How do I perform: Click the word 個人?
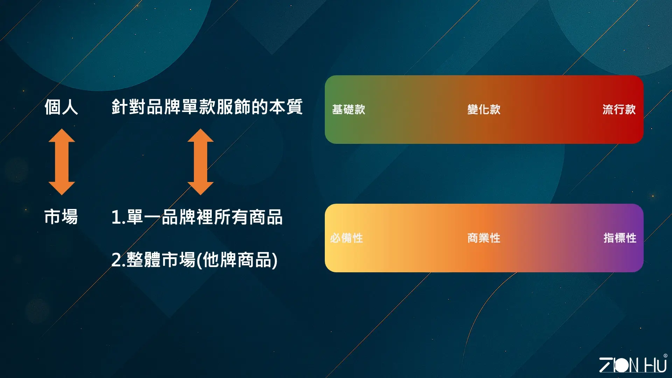tap(61, 107)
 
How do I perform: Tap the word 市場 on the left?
tap(61, 217)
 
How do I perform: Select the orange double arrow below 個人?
tap(62, 162)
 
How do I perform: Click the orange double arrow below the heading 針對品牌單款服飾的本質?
tap(201, 162)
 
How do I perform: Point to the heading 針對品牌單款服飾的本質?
tap(207, 107)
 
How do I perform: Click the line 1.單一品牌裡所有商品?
tap(197, 217)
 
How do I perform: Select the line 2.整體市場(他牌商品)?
tap(195, 260)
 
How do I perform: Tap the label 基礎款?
tap(349, 110)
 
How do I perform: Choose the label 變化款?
tap(484, 110)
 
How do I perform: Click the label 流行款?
tap(619, 110)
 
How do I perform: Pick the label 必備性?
tap(346, 238)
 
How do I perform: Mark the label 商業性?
tap(484, 238)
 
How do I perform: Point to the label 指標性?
tap(620, 238)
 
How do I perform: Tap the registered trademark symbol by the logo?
tap(665, 356)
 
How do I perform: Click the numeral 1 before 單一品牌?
tap(116, 217)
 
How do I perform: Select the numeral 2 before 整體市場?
tap(117, 260)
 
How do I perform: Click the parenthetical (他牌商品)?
tap(237, 260)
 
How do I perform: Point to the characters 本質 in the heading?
tap(286, 107)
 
